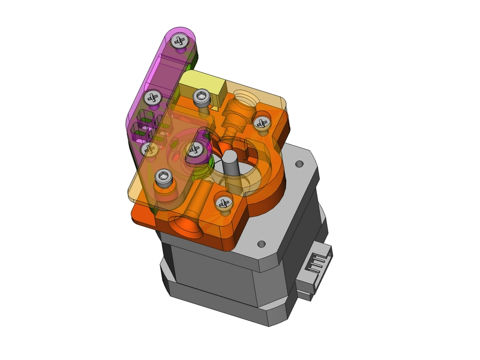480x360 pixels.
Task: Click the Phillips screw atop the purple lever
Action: pos(179,41)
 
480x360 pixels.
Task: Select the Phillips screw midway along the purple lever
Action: pos(152,96)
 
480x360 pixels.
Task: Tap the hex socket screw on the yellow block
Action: pos(202,96)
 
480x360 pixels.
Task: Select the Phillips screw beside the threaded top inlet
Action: pos(261,122)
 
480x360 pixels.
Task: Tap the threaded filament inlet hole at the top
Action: pos(245,95)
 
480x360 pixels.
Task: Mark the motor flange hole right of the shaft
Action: pos(298,163)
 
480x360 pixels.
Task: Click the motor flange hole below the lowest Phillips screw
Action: pos(261,244)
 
